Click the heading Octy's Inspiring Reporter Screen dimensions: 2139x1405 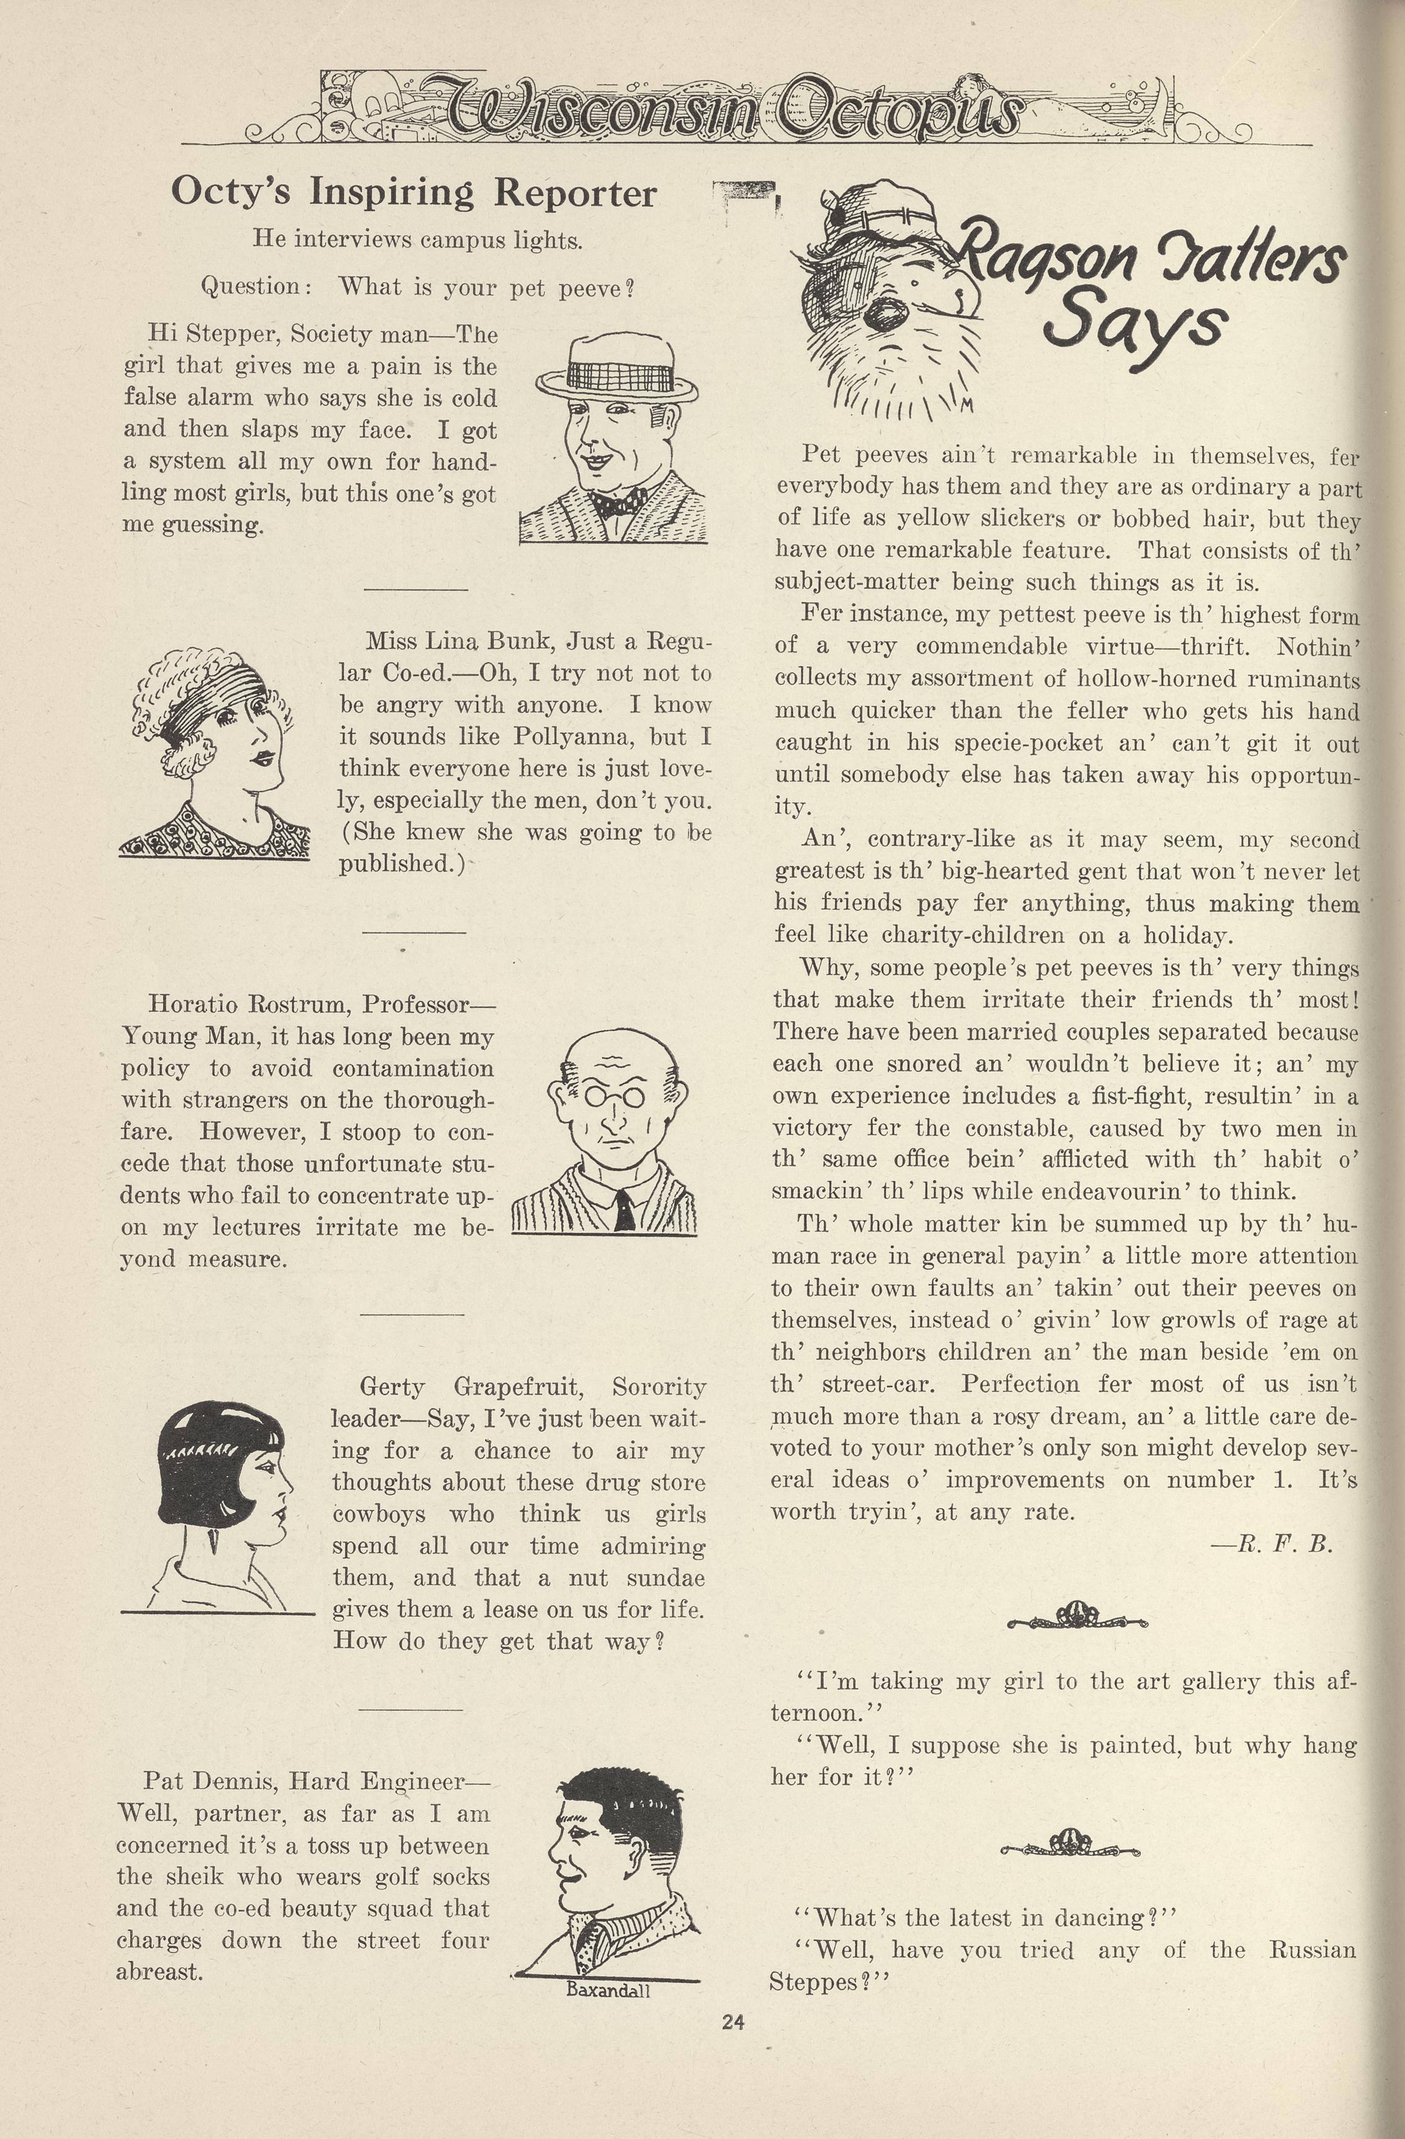(414, 192)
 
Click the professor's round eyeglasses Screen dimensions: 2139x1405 (616, 1096)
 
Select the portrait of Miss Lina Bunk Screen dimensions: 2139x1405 (216, 753)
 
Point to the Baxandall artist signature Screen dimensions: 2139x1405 (608, 1990)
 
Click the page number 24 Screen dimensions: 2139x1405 (733, 2022)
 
